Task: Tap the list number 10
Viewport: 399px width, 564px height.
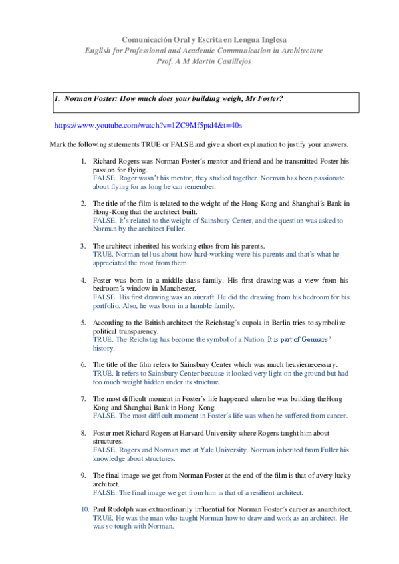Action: coord(84,509)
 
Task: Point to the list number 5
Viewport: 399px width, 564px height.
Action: coord(84,323)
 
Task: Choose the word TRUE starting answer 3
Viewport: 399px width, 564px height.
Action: coord(102,254)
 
